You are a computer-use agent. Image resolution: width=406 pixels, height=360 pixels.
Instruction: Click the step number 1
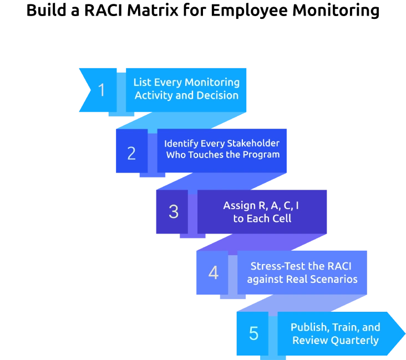[101, 90]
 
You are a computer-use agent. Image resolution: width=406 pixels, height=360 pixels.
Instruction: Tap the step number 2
[131, 153]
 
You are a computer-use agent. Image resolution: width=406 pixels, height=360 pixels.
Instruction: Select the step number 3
[174, 211]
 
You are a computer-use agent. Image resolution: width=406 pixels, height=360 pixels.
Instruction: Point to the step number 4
[213, 272]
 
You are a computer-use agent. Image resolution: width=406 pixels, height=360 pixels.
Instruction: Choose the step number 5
[253, 333]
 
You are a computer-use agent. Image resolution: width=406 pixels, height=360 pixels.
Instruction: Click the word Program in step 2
[262, 155]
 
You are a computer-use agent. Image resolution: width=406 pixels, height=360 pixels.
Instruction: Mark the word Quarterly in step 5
[352, 340]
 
